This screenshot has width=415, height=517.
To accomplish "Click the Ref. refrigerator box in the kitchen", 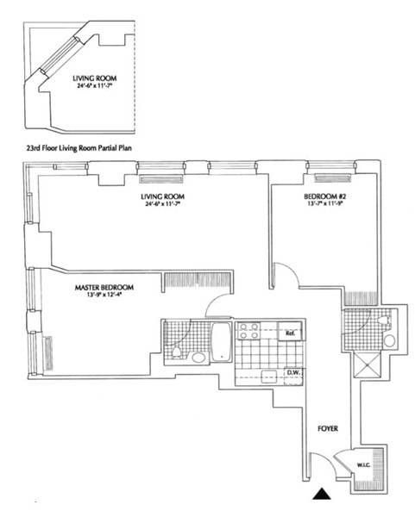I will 292,333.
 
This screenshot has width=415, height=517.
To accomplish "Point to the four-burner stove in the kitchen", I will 249,332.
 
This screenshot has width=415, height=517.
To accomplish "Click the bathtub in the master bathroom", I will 221,342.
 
